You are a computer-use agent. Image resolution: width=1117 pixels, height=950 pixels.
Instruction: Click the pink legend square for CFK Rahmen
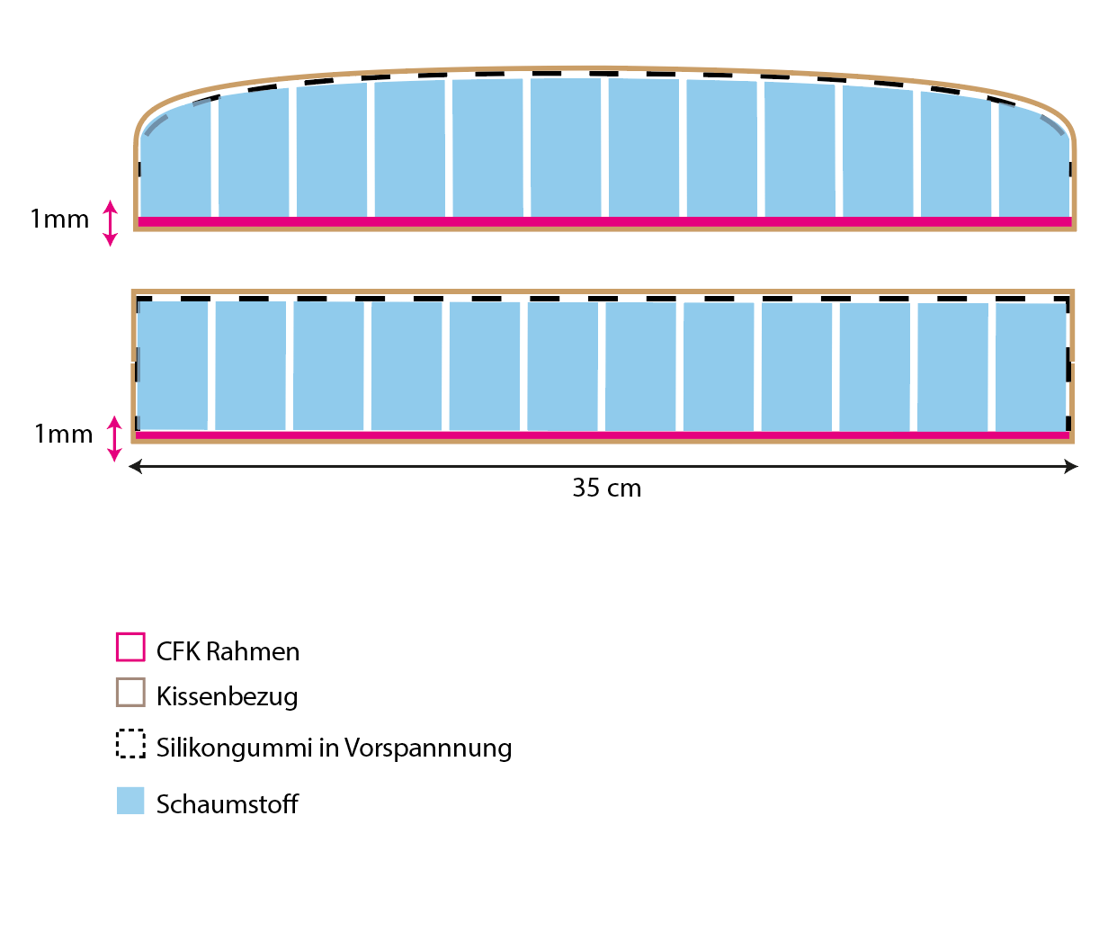click(x=130, y=648)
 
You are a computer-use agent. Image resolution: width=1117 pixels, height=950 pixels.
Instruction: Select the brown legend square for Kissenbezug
click(x=130, y=692)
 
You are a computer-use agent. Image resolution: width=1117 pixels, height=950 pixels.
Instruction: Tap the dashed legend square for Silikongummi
click(x=130, y=743)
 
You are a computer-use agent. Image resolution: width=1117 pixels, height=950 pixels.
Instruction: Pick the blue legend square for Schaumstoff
click(x=130, y=801)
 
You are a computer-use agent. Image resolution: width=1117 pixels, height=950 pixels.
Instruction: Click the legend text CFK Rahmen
click(x=228, y=651)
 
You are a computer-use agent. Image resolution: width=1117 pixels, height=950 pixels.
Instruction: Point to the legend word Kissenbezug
click(x=227, y=696)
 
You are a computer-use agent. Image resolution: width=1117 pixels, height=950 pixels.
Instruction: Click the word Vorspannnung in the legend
click(x=428, y=748)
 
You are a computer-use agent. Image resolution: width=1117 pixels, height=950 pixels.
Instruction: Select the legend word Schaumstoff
click(x=227, y=804)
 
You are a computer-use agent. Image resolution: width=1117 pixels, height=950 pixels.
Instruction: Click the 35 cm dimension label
click(x=607, y=488)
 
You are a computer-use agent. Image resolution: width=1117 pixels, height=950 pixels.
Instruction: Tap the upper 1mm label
click(x=59, y=220)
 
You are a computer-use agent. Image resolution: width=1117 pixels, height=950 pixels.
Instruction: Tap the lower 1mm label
click(x=63, y=435)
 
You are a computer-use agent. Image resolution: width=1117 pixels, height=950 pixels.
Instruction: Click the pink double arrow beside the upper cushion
click(x=110, y=223)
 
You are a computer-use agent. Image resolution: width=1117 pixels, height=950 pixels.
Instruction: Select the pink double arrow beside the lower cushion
click(x=114, y=438)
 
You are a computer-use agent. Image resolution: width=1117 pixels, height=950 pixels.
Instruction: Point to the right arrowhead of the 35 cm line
click(x=1071, y=466)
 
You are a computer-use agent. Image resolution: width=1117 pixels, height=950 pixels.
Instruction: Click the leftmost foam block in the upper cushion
click(x=175, y=166)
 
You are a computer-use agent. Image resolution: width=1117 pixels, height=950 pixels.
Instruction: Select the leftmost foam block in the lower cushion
click(x=173, y=365)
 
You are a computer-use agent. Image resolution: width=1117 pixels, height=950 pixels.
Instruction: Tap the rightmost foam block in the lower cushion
click(x=1031, y=367)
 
